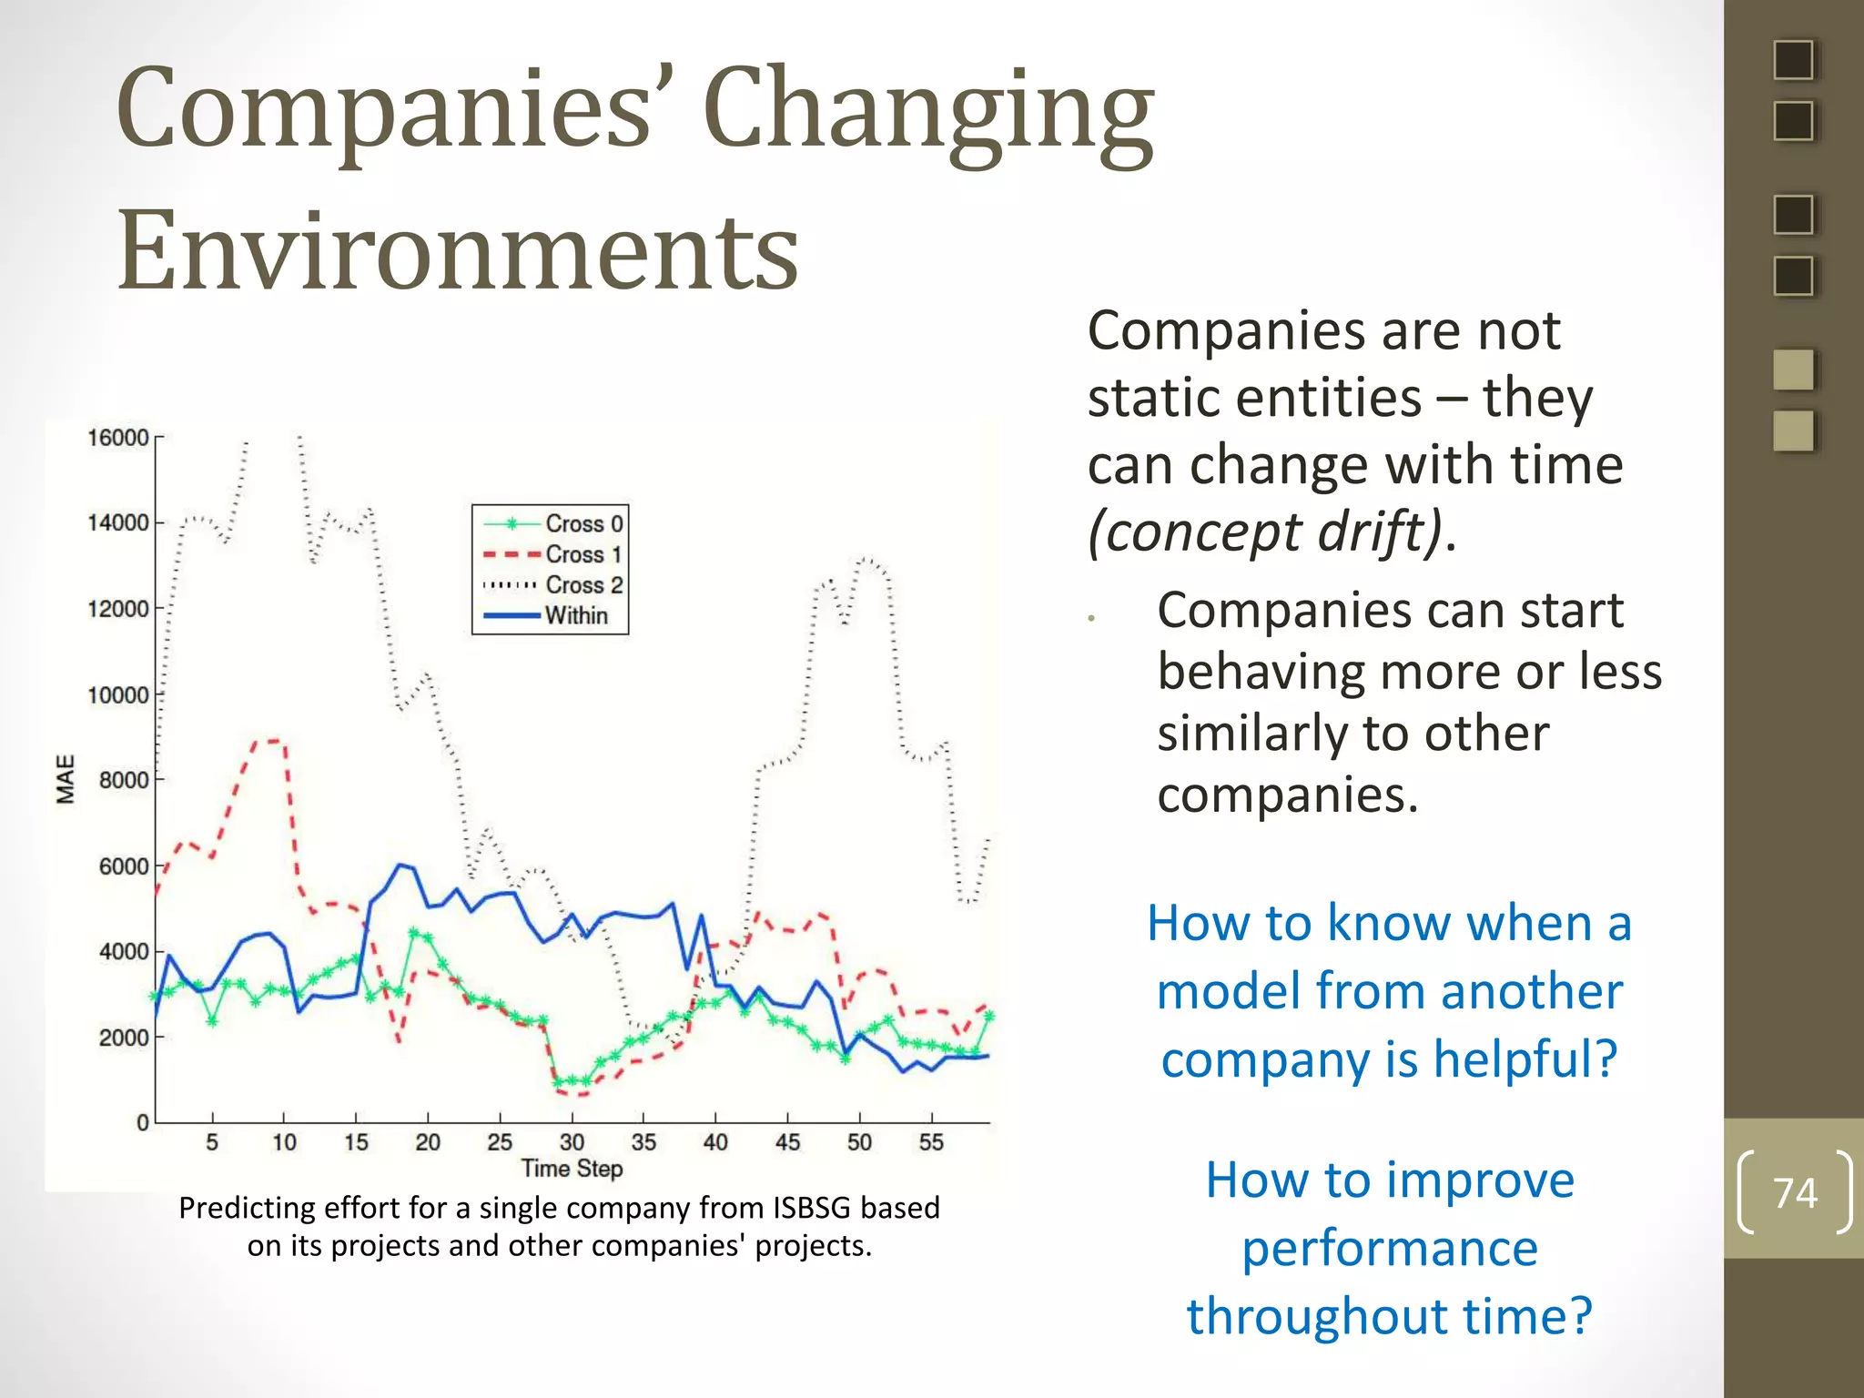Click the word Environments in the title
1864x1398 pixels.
pyautogui.click(x=458, y=250)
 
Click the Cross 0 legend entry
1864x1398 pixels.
pyautogui.click(x=583, y=523)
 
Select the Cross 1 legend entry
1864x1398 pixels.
pyautogui.click(x=583, y=554)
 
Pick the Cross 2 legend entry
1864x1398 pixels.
pyautogui.click(x=583, y=584)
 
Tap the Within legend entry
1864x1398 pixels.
pyautogui.click(x=576, y=615)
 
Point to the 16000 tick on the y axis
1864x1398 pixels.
pyautogui.click(x=117, y=438)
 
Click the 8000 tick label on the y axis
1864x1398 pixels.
pyautogui.click(x=123, y=780)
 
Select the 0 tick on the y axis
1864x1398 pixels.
pyautogui.click(x=143, y=1122)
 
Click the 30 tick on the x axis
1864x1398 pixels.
pyautogui.click(x=572, y=1142)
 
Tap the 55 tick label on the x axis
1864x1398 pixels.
pyautogui.click(x=931, y=1142)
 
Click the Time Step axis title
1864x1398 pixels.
pyautogui.click(x=572, y=1169)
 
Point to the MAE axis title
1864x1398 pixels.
pyautogui.click(x=66, y=779)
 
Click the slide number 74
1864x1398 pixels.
pyautogui.click(x=1795, y=1192)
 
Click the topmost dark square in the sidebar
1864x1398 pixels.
pyautogui.click(x=1793, y=61)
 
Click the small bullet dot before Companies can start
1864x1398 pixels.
pyautogui.click(x=1091, y=619)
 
